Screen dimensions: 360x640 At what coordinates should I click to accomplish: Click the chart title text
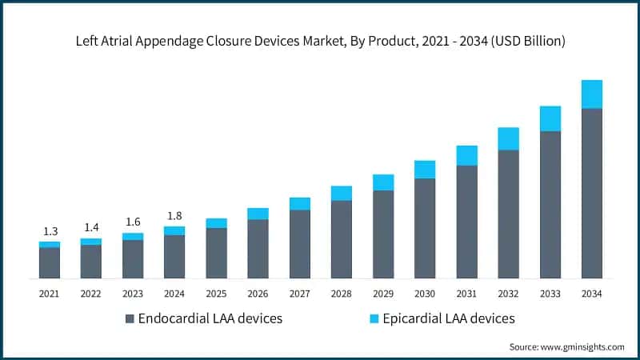(320, 42)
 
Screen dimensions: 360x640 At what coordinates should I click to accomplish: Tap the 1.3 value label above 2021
(49, 231)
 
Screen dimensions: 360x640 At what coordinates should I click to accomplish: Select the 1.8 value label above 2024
(174, 215)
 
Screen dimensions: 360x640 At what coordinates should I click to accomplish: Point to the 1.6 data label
(133, 222)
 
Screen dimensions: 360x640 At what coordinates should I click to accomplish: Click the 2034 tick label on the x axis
(591, 294)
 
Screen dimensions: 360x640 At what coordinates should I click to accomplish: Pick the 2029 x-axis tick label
(383, 294)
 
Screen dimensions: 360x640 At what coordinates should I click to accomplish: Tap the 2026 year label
(258, 294)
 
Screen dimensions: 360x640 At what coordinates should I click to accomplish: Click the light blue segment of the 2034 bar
(591, 94)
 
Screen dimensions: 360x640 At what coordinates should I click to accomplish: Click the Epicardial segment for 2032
(508, 138)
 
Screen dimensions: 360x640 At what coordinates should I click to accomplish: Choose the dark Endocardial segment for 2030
(425, 228)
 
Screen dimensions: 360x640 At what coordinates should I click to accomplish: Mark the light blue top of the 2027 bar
(300, 203)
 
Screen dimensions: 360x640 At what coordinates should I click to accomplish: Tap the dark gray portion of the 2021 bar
(50, 262)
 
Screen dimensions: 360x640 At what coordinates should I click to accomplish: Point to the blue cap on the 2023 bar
(133, 237)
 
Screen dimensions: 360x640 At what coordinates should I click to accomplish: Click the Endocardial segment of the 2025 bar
(216, 253)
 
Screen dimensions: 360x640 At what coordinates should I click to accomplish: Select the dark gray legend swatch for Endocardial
(130, 319)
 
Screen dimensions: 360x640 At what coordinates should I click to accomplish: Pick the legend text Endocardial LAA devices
(210, 318)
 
